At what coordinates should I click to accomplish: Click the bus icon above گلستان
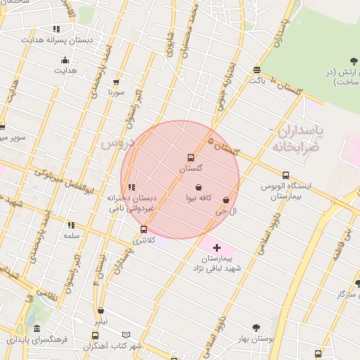(x=191, y=157)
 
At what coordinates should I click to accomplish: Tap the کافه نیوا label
(x=200, y=199)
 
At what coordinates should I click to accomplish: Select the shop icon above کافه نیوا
(x=200, y=188)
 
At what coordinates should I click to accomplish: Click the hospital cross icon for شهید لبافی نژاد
(x=217, y=247)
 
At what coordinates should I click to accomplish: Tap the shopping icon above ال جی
(x=226, y=200)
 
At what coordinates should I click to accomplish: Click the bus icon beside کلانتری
(x=143, y=229)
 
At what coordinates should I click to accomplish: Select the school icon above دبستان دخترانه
(x=131, y=187)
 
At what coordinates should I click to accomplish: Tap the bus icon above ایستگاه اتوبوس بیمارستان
(x=285, y=175)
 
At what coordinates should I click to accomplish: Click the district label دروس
(x=117, y=143)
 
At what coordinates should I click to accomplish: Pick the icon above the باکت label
(x=257, y=70)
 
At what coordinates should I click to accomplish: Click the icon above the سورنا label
(x=116, y=82)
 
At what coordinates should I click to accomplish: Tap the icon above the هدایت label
(x=65, y=60)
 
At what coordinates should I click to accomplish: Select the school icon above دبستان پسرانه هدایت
(x=56, y=30)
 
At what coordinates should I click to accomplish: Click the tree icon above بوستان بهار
(x=255, y=328)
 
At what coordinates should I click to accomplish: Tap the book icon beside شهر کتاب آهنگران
(x=127, y=335)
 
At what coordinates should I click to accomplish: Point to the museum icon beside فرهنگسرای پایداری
(x=37, y=329)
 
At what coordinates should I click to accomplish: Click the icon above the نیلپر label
(x=101, y=310)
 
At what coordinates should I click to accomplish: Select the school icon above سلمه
(x=71, y=225)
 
